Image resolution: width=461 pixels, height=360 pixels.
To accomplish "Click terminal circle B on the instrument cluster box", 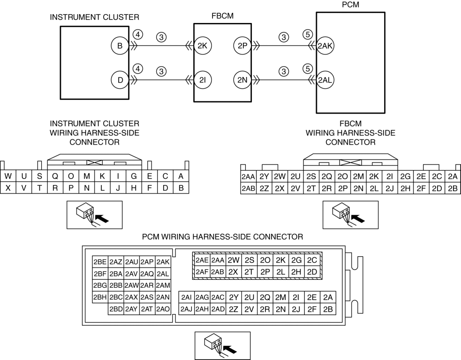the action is [120, 46].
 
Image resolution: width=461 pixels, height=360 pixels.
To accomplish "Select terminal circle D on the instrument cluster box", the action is [120, 80].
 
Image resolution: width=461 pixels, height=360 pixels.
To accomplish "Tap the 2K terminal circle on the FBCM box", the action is [203, 46].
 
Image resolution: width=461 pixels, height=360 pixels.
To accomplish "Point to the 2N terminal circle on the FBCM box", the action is [242, 80].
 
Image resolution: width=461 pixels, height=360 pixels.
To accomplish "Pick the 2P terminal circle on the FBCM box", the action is [242, 46].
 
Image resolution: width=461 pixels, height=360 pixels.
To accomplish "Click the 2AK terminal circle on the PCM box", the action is [325, 46].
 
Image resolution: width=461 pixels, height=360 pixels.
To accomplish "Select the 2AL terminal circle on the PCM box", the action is [325, 80].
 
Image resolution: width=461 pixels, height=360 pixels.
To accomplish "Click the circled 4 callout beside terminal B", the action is [137, 35].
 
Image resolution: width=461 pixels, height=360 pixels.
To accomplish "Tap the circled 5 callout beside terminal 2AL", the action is [308, 69].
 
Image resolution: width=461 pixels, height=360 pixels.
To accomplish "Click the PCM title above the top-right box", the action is [350, 5].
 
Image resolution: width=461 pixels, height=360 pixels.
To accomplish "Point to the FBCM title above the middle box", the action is [223, 16].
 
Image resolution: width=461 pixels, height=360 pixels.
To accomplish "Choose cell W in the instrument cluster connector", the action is [8, 176].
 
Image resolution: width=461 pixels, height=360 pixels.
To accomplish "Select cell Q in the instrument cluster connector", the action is [55, 176].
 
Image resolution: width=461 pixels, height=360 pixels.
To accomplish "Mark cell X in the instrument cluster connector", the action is [8, 188].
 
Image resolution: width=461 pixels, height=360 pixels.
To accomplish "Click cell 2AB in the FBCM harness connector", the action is [248, 188].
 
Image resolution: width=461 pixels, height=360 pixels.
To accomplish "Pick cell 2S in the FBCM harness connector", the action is [311, 176].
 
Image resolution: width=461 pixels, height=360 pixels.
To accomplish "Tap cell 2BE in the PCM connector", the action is [100, 262].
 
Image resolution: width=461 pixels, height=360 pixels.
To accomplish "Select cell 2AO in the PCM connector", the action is [163, 309].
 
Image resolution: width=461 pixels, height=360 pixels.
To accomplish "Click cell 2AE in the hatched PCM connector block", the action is [202, 260].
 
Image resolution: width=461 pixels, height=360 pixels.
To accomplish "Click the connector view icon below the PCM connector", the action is [223, 346].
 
